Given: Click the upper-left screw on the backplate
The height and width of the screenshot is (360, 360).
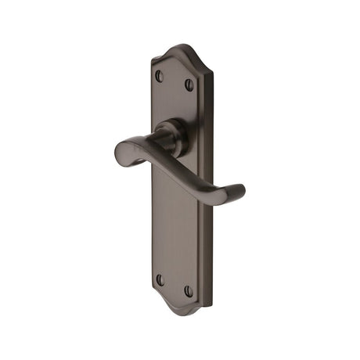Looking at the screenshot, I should pyautogui.click(x=160, y=76).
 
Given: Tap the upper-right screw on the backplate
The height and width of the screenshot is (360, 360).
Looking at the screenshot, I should pyautogui.click(x=189, y=84).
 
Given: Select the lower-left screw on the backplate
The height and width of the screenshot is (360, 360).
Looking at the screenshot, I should pyautogui.click(x=160, y=279).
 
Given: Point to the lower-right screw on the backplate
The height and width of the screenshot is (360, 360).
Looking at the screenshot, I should pyautogui.click(x=188, y=290).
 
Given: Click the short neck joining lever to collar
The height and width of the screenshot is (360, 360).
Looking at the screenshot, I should pyautogui.click(x=161, y=142).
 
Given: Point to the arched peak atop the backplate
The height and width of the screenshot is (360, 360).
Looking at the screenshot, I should pyautogui.click(x=182, y=48).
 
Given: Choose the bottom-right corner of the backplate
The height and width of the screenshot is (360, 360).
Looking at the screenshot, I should pyautogui.click(x=211, y=305).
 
